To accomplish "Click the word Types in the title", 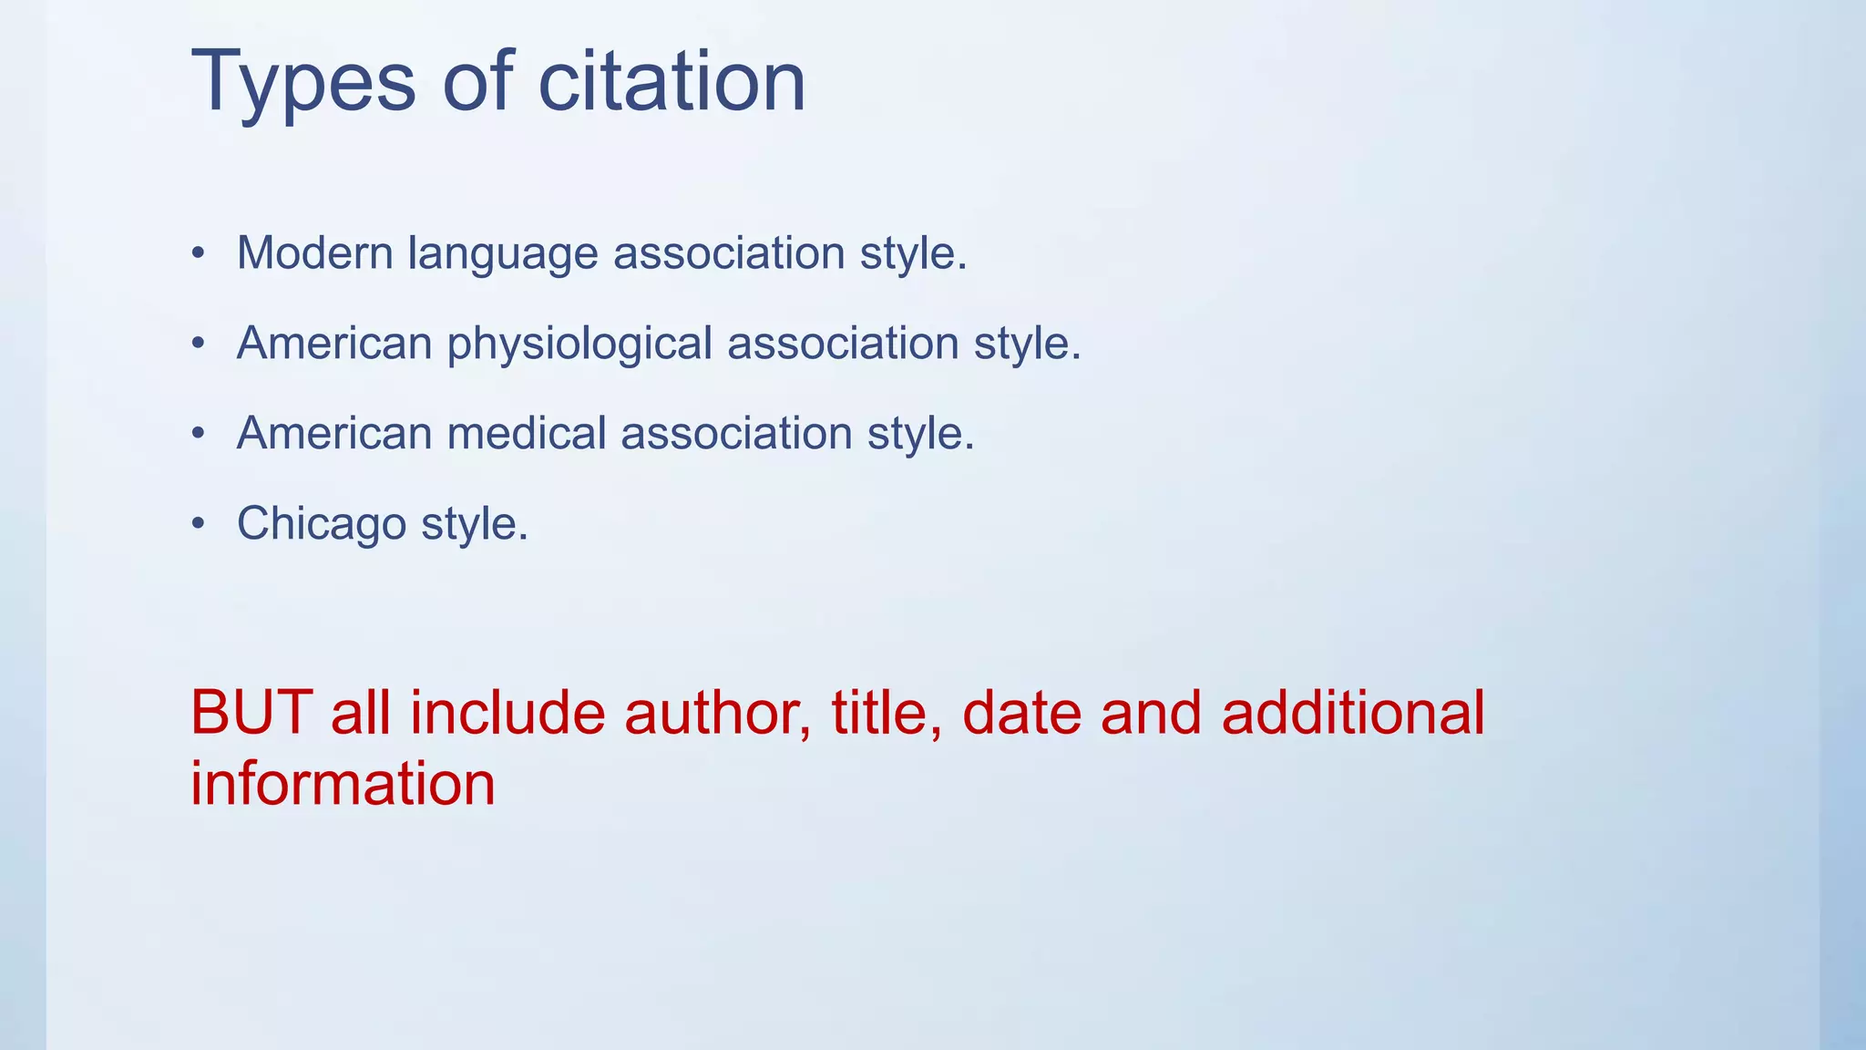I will tap(303, 84).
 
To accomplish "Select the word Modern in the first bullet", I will tap(314, 253).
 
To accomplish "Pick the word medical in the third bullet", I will tap(527, 433).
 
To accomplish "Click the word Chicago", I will tap(322, 525).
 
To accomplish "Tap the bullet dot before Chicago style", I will tap(199, 524).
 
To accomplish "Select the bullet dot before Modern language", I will tap(199, 253).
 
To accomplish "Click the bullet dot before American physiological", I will tap(199, 344).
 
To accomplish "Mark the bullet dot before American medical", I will tap(199, 434).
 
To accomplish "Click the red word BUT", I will tap(251, 713).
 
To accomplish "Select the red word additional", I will tap(1353, 713).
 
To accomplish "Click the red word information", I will tap(343, 785).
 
